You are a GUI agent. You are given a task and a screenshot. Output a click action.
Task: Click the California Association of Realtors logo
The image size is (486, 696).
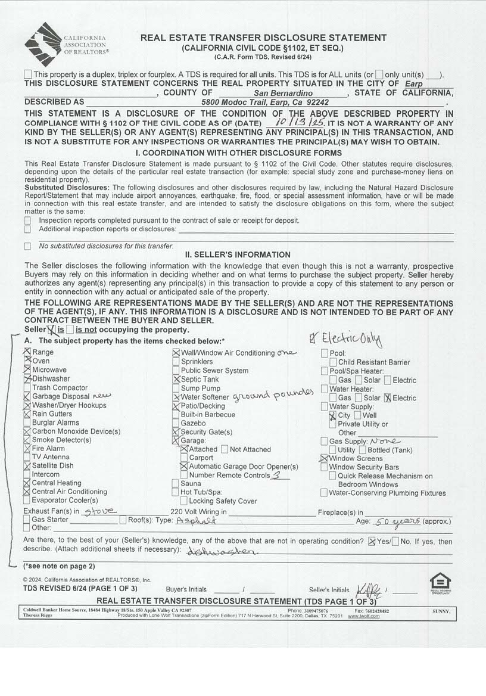(x=66, y=44)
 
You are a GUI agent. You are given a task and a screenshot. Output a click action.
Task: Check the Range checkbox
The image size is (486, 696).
(x=27, y=352)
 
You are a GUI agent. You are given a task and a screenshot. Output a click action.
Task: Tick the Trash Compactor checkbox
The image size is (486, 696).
(x=27, y=388)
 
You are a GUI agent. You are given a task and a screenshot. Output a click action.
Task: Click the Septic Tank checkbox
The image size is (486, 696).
(x=176, y=379)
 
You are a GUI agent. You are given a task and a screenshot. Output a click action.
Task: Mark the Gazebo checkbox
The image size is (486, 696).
(x=176, y=423)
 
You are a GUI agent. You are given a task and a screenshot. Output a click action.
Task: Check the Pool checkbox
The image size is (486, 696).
(x=324, y=353)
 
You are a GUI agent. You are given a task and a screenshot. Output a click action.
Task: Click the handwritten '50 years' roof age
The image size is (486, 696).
(x=395, y=520)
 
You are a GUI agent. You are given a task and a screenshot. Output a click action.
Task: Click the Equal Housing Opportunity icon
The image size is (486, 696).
(x=440, y=582)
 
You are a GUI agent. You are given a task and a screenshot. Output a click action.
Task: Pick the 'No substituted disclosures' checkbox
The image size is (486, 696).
(x=27, y=246)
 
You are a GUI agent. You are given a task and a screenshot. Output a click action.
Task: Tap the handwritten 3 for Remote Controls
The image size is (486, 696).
(x=276, y=476)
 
